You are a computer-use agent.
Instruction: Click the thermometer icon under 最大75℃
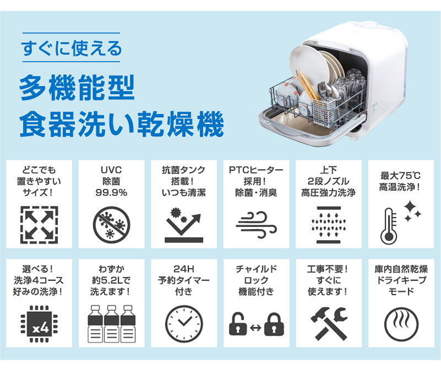(389, 226)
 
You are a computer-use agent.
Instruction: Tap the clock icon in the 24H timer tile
(184, 324)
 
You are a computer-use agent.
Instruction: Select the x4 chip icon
(39, 324)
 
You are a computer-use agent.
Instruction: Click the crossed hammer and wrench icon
(329, 323)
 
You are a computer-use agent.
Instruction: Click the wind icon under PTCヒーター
(256, 224)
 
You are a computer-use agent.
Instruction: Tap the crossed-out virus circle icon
(111, 225)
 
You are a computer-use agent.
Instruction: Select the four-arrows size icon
(39, 225)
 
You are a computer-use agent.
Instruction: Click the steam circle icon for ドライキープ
(401, 324)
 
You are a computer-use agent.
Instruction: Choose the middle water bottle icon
(112, 324)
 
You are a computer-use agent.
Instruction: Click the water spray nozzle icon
(328, 225)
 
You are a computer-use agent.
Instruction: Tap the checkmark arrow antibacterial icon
(184, 225)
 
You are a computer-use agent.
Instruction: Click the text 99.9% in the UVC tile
(111, 193)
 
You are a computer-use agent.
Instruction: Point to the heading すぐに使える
(72, 48)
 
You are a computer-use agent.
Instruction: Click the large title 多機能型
(77, 88)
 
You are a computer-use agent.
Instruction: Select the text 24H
(184, 269)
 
